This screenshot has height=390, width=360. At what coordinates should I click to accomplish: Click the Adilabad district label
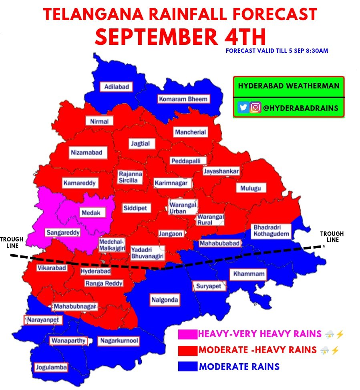click(116, 86)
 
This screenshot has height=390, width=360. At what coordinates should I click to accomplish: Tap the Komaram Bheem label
click(183, 99)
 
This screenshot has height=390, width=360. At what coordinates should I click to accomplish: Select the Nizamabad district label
click(86, 153)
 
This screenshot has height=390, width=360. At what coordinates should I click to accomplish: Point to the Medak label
click(91, 213)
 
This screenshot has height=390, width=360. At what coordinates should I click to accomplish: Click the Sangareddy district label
click(63, 232)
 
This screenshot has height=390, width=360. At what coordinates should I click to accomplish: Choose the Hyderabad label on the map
click(95, 271)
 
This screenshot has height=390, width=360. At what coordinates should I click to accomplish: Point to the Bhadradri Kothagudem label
click(271, 230)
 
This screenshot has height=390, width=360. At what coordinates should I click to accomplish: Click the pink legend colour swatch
click(187, 334)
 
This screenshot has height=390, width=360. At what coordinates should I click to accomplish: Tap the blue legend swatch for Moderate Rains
click(187, 366)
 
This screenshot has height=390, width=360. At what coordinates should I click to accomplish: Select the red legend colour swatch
click(187, 350)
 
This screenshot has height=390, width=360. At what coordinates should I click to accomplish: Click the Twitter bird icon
click(243, 108)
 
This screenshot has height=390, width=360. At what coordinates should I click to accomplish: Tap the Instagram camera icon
click(255, 108)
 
